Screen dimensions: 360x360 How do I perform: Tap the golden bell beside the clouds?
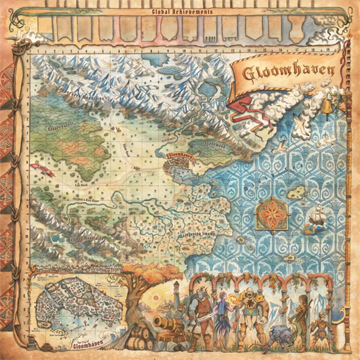326,107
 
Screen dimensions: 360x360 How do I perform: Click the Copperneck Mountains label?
82,95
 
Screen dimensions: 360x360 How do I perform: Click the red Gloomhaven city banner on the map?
180,157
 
